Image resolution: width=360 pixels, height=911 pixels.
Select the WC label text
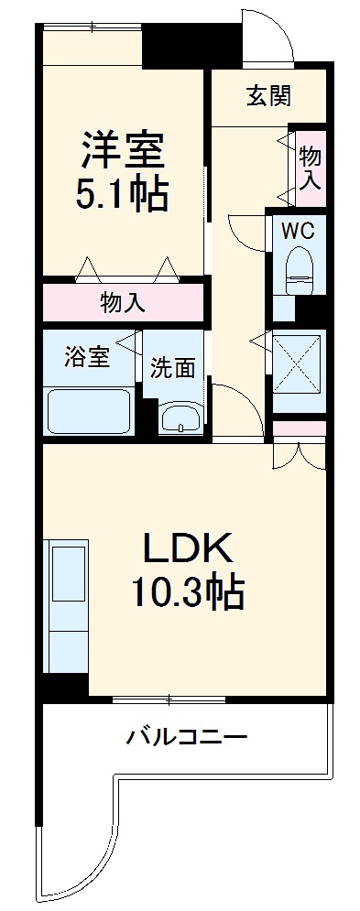click(x=298, y=231)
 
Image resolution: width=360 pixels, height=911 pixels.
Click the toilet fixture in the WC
click(x=299, y=271)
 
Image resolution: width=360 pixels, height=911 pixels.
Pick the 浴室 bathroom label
click(x=87, y=357)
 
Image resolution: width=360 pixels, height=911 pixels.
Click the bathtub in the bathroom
click(x=89, y=409)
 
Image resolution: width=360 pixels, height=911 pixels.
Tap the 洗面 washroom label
click(x=173, y=368)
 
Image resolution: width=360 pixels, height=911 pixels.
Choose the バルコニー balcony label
click(x=187, y=735)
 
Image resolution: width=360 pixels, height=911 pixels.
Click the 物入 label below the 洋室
click(x=122, y=303)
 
